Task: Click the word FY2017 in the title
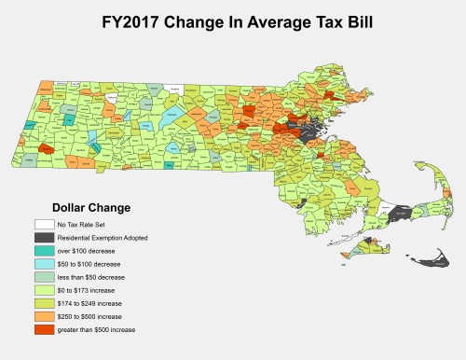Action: [x=134, y=19]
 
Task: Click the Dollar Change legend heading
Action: [x=90, y=207]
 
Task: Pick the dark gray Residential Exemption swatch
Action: [x=44, y=239]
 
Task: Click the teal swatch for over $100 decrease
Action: [x=44, y=252]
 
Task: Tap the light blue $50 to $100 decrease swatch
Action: [x=44, y=265]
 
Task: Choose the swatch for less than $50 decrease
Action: [x=44, y=278]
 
